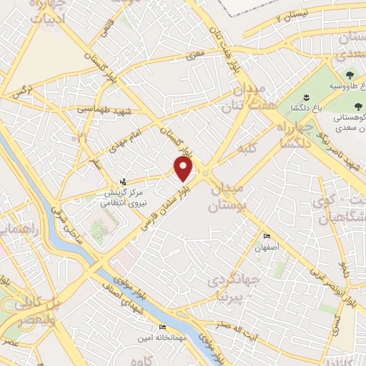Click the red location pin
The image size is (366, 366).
tap(184, 169)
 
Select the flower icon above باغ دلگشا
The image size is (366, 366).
tap(305, 97)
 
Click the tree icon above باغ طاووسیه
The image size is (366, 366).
tap(350, 74)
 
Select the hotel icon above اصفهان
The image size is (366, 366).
tap(267, 237)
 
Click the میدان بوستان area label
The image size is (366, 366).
tap(227, 198)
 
